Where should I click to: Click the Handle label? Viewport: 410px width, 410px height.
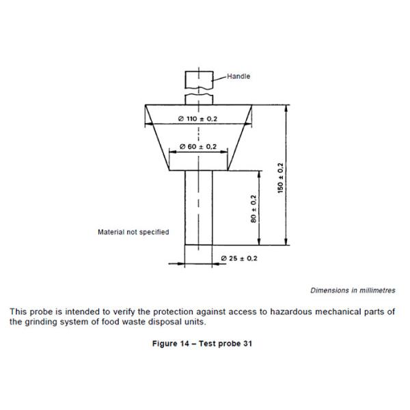click(238, 77)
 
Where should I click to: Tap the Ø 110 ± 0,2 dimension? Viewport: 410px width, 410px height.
click(197, 119)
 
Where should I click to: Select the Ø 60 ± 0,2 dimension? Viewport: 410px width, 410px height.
click(197, 147)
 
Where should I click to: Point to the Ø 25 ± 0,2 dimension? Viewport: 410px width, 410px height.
click(239, 258)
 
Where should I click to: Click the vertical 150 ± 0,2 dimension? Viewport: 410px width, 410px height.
click(281, 178)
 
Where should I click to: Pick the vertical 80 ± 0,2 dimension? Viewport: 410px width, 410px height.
click(254, 209)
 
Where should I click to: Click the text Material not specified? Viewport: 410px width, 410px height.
click(133, 232)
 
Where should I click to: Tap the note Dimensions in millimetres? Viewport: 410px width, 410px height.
click(353, 290)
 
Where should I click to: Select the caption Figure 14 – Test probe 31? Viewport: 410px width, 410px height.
click(202, 344)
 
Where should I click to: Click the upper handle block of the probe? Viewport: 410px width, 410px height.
click(197, 78)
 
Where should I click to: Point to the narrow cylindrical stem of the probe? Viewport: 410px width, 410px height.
click(197, 208)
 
